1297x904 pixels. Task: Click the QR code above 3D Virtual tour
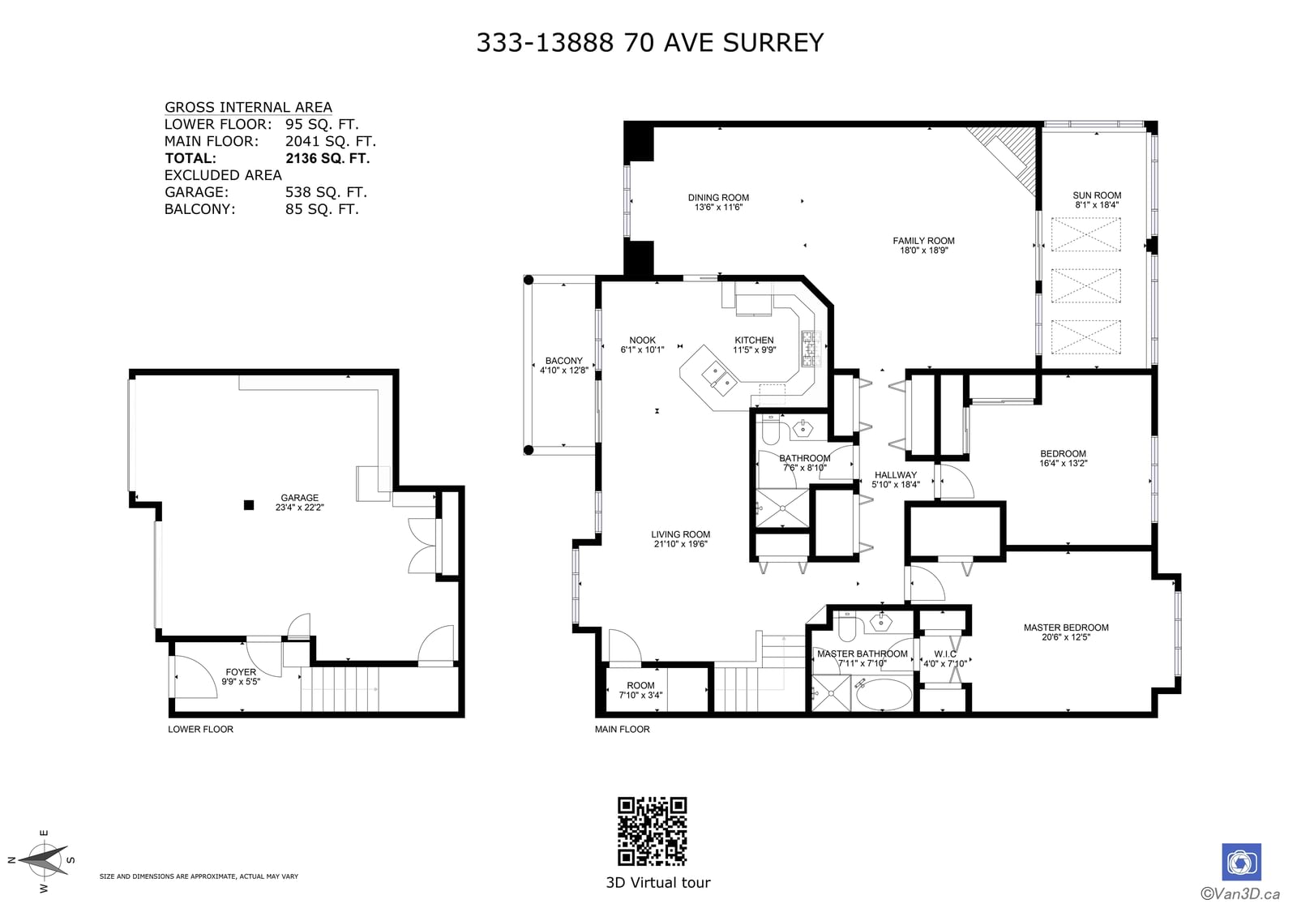pyautogui.click(x=652, y=831)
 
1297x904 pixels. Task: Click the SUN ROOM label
pyautogui.click(x=1097, y=195)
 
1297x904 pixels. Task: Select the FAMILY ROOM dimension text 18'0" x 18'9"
pyautogui.click(x=923, y=251)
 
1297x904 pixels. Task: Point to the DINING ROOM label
pyautogui.click(x=718, y=198)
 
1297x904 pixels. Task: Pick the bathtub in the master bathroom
pyautogui.click(x=883, y=694)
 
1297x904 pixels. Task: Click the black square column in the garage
pyautogui.click(x=249, y=505)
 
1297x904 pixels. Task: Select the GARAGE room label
pyautogui.click(x=299, y=498)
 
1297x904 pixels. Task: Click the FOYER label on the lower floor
pyautogui.click(x=241, y=672)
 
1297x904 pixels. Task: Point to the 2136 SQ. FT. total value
pyautogui.click(x=327, y=158)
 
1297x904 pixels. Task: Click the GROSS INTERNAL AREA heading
pyautogui.click(x=248, y=107)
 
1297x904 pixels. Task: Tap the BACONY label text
pyautogui.click(x=564, y=360)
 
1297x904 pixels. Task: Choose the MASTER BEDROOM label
pyautogui.click(x=1066, y=628)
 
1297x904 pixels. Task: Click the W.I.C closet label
pyautogui.click(x=945, y=653)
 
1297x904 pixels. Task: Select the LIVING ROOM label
pyautogui.click(x=680, y=534)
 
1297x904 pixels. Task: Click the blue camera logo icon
pyautogui.click(x=1241, y=862)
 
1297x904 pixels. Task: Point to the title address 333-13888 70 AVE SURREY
pyautogui.click(x=649, y=42)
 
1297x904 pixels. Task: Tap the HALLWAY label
pyautogui.click(x=896, y=475)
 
